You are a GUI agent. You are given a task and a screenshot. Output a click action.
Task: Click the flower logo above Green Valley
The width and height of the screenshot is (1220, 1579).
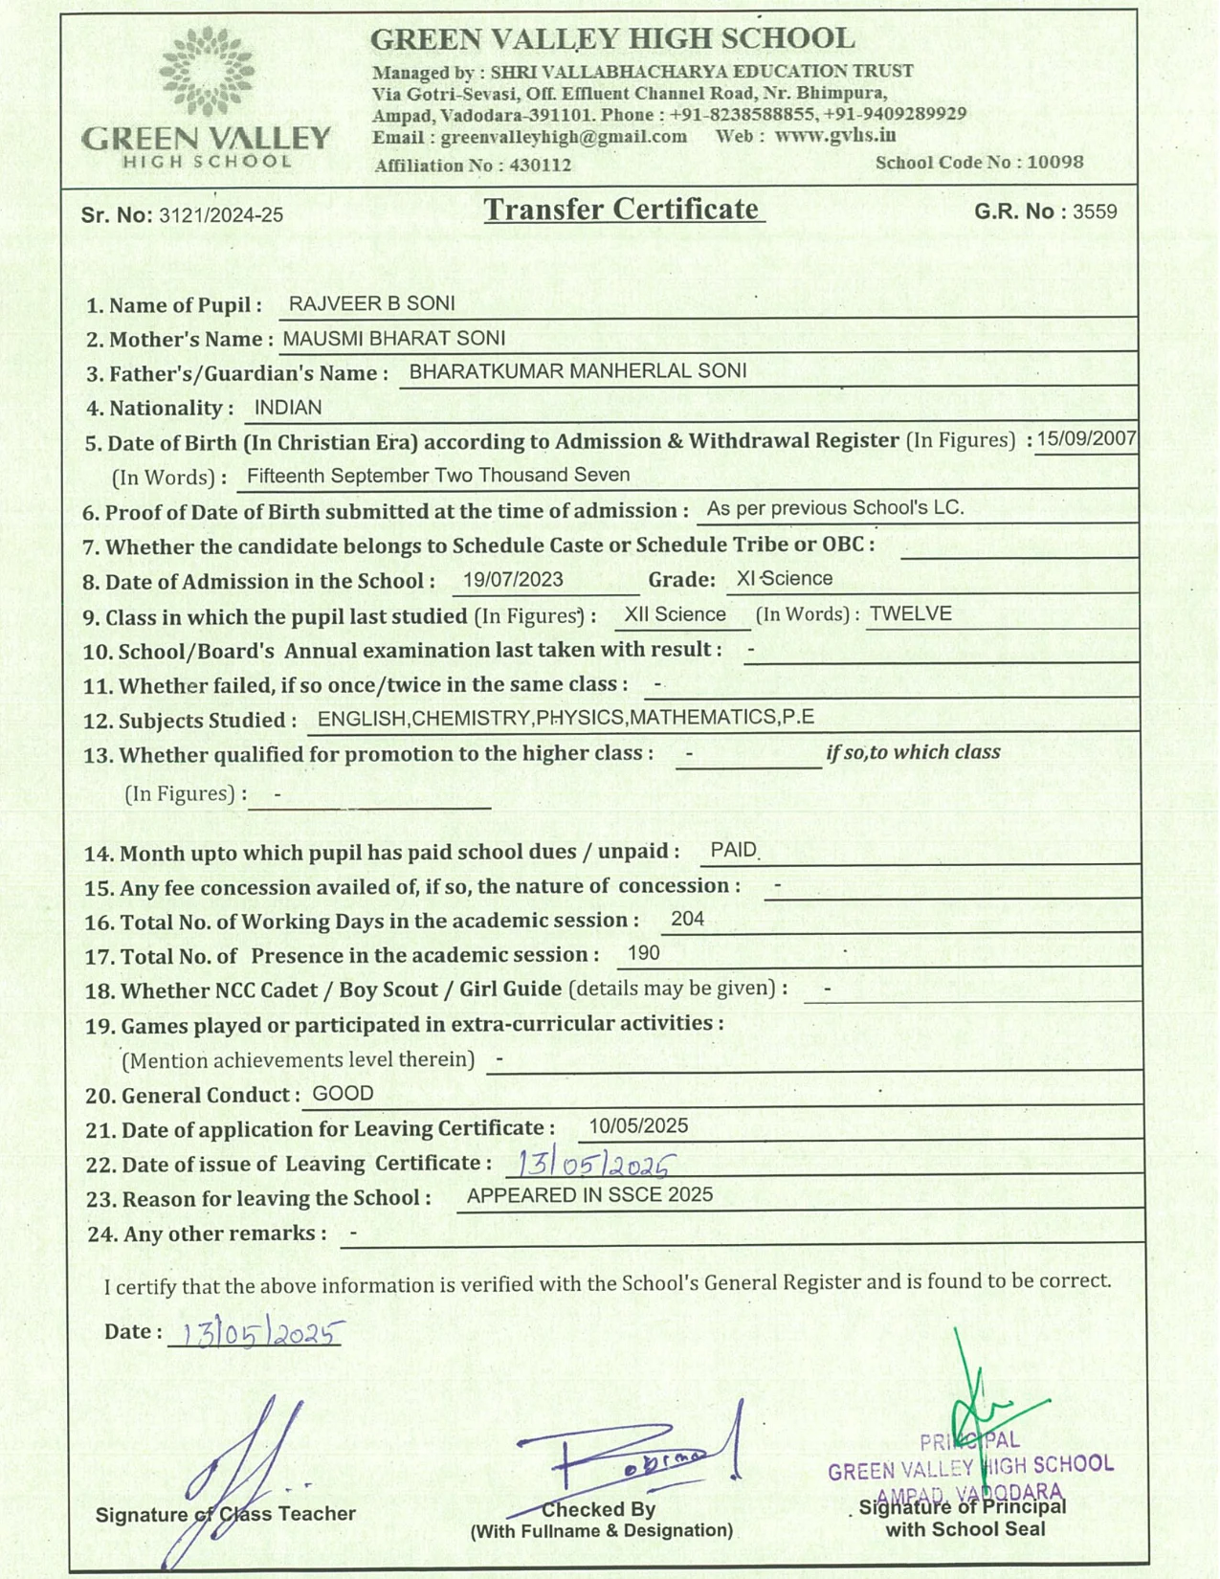[x=207, y=72]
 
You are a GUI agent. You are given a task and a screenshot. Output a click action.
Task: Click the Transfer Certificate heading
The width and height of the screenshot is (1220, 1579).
[x=621, y=210]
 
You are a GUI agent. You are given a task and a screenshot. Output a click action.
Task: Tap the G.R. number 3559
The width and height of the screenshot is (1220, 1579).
[x=1095, y=211]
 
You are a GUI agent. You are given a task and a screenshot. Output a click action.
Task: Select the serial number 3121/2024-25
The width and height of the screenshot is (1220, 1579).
[x=221, y=215]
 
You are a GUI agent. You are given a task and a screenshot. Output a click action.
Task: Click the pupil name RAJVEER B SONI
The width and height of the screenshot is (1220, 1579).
[x=371, y=303]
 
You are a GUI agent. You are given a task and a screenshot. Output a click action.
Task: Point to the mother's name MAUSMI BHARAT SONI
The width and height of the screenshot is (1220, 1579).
[x=394, y=338]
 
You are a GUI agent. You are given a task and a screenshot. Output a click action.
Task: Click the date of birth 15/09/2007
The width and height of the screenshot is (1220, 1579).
[x=1086, y=438]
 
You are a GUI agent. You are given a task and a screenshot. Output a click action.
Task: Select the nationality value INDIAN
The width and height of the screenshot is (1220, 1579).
[x=288, y=408]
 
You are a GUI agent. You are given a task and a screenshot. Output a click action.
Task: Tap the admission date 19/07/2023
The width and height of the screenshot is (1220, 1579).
[x=513, y=579]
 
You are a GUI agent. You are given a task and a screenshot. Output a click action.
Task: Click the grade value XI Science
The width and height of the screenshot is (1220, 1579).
[x=785, y=578]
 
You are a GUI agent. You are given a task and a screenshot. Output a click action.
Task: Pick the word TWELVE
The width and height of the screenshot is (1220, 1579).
[x=910, y=613]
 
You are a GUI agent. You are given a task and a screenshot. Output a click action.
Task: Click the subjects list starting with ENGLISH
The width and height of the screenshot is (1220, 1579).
[x=566, y=718]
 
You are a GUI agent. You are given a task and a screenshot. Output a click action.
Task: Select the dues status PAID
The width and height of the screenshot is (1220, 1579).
[x=734, y=850]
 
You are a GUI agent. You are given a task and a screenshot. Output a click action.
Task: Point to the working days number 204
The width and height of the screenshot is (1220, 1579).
[x=687, y=919]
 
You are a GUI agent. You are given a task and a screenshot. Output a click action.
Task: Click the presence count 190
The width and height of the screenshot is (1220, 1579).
[x=643, y=953]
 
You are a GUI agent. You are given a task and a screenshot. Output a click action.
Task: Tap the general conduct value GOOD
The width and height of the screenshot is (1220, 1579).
[x=343, y=1094]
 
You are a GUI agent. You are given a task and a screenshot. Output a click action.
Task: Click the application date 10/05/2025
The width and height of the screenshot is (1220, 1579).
[x=638, y=1126]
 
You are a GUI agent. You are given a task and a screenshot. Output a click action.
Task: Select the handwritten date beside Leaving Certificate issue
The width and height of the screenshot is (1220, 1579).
[x=592, y=1164]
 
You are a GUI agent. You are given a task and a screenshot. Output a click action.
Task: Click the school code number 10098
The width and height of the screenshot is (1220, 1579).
[x=1055, y=162]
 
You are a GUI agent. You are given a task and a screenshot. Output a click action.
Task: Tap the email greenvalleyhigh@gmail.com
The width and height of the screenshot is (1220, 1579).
[x=564, y=137]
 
